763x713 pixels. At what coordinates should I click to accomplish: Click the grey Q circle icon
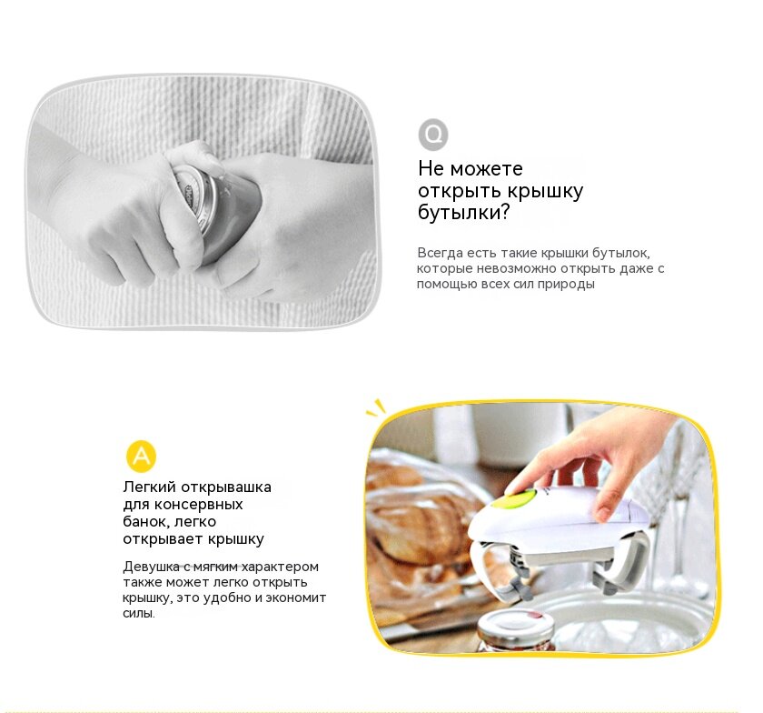pyautogui.click(x=433, y=134)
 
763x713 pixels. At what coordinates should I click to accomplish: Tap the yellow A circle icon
pyautogui.click(x=141, y=457)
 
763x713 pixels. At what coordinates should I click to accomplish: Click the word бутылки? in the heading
pyautogui.click(x=463, y=213)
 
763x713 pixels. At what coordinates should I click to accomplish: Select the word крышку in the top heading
pyautogui.click(x=546, y=191)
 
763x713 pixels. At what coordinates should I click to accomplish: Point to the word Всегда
pyautogui.click(x=440, y=253)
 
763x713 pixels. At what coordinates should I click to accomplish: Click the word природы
pyautogui.click(x=566, y=284)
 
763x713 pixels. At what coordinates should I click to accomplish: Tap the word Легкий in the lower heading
pyautogui.click(x=149, y=487)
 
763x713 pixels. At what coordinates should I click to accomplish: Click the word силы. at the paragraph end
pyautogui.click(x=139, y=613)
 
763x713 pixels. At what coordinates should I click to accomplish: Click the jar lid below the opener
pyautogui.click(x=516, y=625)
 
